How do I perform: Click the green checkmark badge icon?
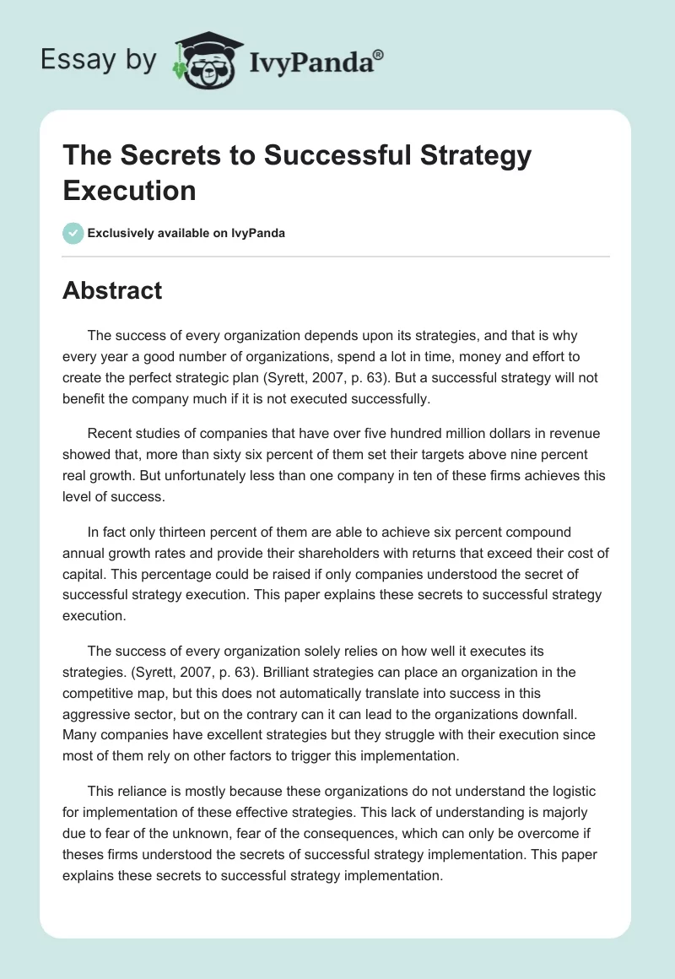point(73,233)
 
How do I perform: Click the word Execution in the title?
point(129,190)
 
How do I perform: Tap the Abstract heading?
point(112,291)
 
